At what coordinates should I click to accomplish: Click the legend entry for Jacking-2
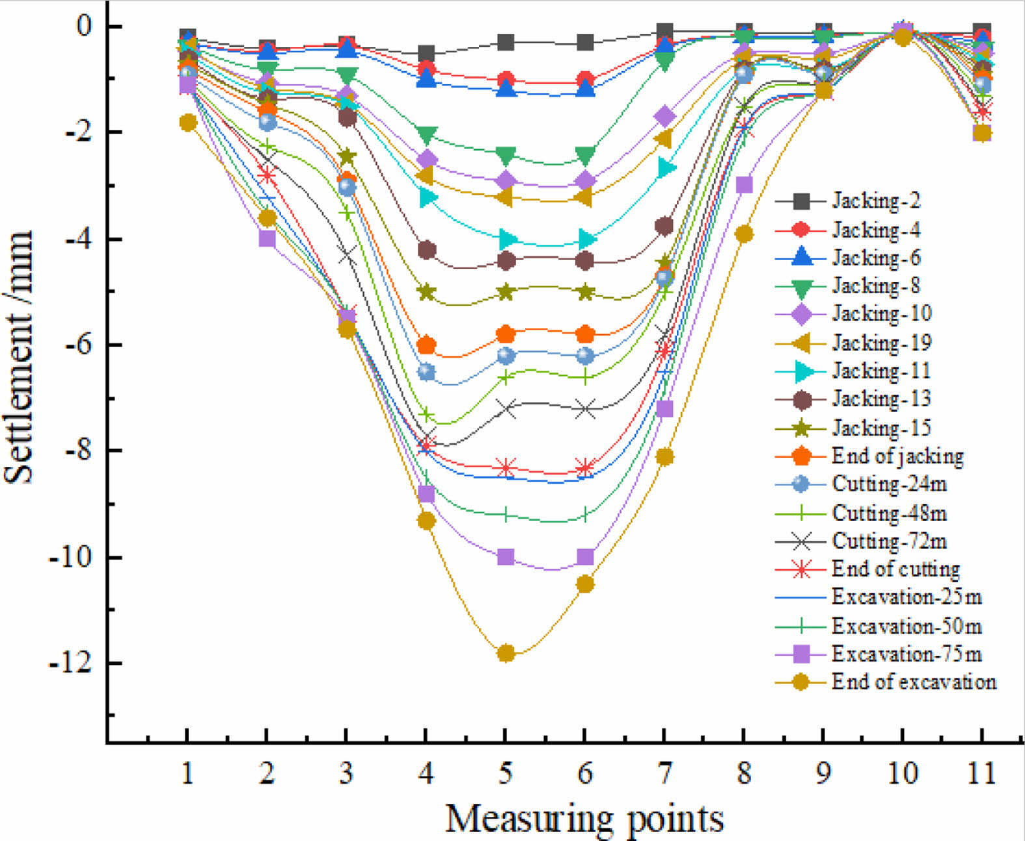(876, 201)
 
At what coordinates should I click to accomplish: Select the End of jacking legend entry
(897, 456)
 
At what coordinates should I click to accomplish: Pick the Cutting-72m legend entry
(889, 541)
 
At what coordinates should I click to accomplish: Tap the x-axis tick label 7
(664, 773)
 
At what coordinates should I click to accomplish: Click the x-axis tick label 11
(981, 773)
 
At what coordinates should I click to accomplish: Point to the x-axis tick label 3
(346, 773)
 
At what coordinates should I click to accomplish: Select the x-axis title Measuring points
(584, 818)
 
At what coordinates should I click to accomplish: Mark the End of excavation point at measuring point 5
(506, 653)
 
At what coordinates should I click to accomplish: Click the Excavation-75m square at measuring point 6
(585, 558)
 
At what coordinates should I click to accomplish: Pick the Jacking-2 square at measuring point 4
(426, 53)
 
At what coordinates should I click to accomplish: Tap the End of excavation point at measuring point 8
(744, 234)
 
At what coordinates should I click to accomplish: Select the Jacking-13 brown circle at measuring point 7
(664, 226)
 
